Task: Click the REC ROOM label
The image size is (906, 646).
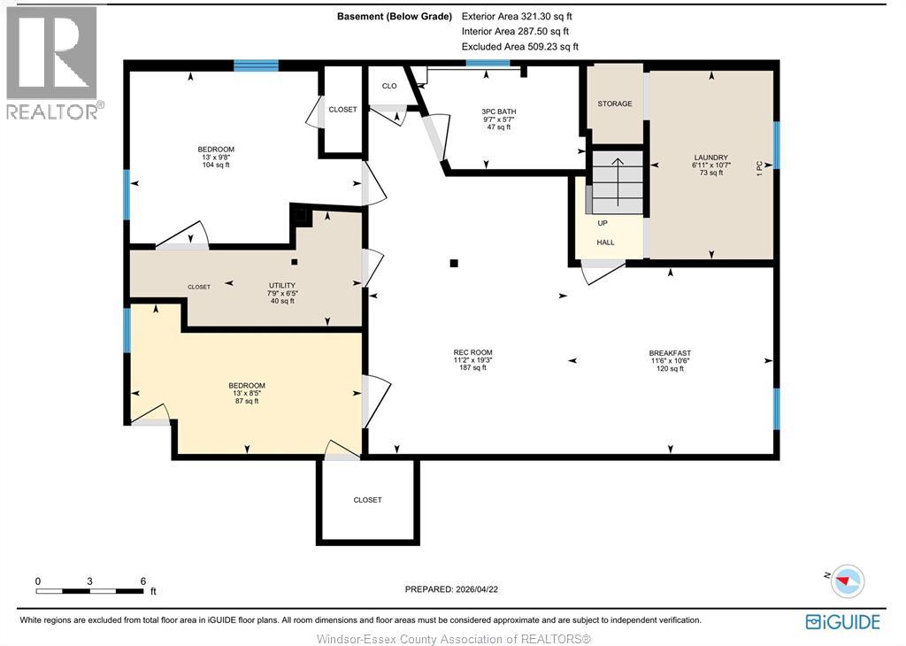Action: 472,352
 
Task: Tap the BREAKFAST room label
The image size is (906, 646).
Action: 670,353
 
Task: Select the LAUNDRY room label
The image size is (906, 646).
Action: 710,158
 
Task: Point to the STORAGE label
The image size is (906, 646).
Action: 615,104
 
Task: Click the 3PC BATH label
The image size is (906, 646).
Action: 499,112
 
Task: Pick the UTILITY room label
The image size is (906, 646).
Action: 282,286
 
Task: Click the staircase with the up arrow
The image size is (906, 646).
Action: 617,182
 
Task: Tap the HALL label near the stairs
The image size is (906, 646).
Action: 605,242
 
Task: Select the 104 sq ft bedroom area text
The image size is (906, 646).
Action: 216,165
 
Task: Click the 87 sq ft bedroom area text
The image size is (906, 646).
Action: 247,401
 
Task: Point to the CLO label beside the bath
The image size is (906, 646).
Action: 389,86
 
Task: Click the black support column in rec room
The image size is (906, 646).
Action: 454,264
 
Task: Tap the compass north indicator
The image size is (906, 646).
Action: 847,581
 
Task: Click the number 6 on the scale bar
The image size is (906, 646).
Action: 142,581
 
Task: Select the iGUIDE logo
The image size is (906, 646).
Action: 843,622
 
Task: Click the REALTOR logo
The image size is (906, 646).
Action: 52,63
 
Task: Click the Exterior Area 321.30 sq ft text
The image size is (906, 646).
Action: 517,17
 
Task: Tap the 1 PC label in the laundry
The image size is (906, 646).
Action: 760,168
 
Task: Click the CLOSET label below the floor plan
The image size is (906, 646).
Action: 367,500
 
